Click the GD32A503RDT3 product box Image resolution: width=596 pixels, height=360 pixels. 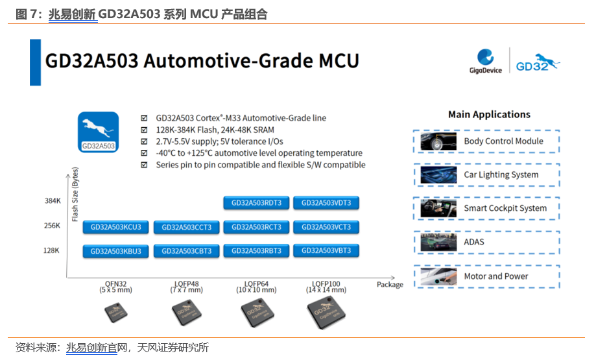tap(256, 203)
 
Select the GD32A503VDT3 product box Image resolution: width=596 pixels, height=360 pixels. tap(326, 203)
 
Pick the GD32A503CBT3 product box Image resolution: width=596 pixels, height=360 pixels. tap(187, 251)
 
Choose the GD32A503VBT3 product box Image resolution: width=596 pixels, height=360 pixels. tap(326, 250)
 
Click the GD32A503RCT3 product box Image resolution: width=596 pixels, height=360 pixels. tap(256, 227)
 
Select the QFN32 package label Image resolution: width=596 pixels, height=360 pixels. tap(115, 286)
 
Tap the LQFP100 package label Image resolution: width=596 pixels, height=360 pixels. tap(326, 286)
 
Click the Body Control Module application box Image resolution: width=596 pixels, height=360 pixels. tap(486, 141)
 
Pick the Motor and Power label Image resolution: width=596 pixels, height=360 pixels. tap(495, 276)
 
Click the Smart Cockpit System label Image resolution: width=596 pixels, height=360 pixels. tap(505, 209)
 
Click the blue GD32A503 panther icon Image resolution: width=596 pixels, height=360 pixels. tap(99, 132)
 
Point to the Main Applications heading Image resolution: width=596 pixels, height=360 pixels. tap(489, 115)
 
